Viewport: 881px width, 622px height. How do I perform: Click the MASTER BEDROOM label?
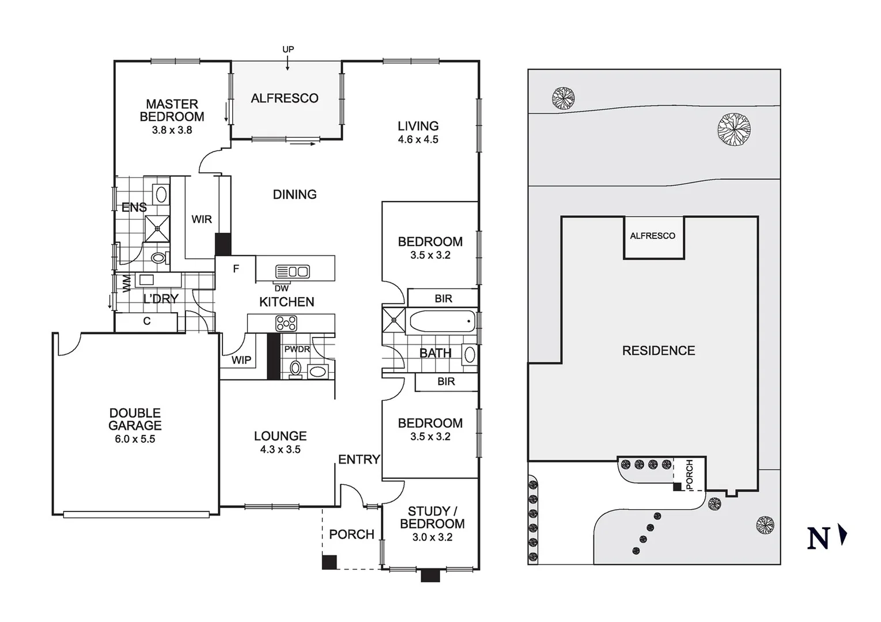172,110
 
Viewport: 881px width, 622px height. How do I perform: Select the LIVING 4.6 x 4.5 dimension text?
418,139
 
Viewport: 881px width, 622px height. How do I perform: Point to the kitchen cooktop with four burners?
286,324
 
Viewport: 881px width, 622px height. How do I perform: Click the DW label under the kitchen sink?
281,289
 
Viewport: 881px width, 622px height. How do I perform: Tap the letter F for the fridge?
236,269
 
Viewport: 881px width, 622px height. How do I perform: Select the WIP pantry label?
241,360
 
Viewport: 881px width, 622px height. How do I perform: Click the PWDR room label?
297,349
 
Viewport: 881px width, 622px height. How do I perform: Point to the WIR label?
202,219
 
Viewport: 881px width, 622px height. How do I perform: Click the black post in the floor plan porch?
329,562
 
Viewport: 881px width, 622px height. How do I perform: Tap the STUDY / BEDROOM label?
432,517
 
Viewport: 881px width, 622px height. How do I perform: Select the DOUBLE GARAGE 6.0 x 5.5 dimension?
135,439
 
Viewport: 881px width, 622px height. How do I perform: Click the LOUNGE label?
280,436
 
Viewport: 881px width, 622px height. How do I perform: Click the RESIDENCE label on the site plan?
658,350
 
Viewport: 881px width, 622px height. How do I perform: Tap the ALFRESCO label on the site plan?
652,236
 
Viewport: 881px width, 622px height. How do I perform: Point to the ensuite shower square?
157,228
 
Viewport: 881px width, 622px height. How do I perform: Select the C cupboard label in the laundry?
146,321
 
